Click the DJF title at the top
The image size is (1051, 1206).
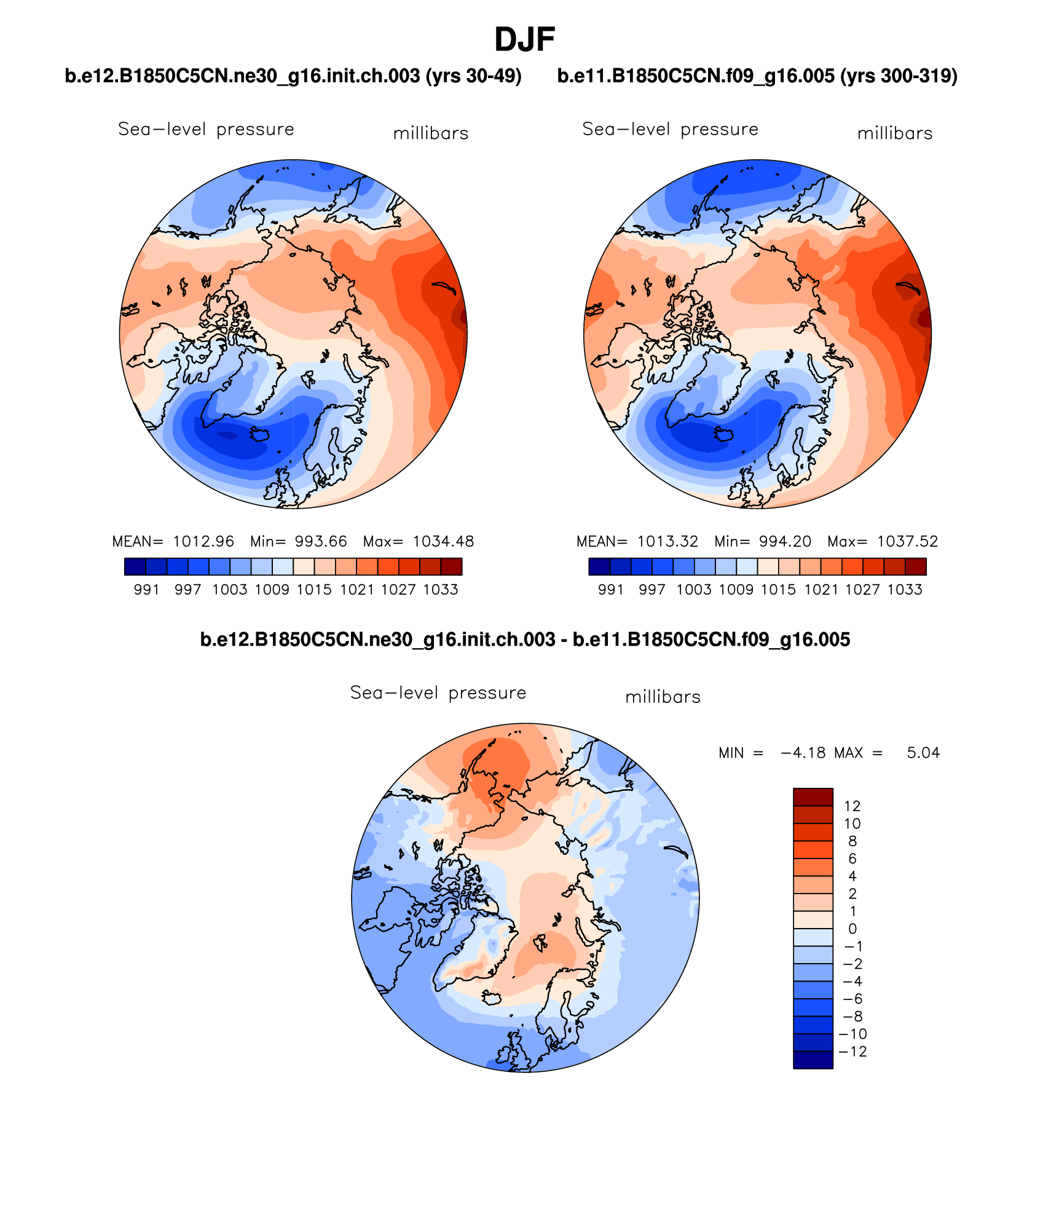(524, 40)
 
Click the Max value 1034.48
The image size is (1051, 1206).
(443, 541)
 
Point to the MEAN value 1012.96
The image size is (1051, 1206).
(203, 541)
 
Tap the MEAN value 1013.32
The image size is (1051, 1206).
(667, 541)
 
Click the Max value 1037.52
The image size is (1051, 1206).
(907, 541)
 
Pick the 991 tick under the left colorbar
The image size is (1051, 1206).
(146, 590)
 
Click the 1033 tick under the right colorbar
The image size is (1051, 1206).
(905, 590)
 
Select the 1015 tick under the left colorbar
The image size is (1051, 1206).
(314, 590)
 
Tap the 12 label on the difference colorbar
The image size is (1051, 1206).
(852, 806)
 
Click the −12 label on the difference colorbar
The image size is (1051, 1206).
(852, 1051)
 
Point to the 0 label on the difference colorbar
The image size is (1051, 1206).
(852, 929)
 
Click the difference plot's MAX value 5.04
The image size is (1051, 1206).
(923, 753)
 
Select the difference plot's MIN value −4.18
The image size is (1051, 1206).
(803, 753)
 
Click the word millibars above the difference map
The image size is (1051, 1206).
(663, 697)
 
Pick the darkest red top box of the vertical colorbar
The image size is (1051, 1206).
(813, 796)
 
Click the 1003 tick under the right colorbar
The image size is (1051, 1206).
(694, 590)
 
